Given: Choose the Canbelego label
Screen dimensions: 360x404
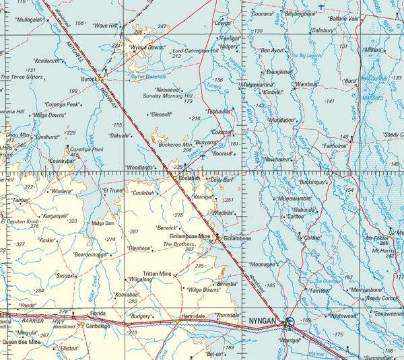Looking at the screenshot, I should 97,325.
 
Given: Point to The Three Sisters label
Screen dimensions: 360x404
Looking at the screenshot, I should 22,77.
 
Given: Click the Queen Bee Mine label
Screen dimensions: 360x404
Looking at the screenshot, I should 22,342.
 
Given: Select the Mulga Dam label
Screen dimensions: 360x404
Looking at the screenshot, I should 103,223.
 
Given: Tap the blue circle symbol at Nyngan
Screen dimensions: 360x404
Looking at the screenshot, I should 290,322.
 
